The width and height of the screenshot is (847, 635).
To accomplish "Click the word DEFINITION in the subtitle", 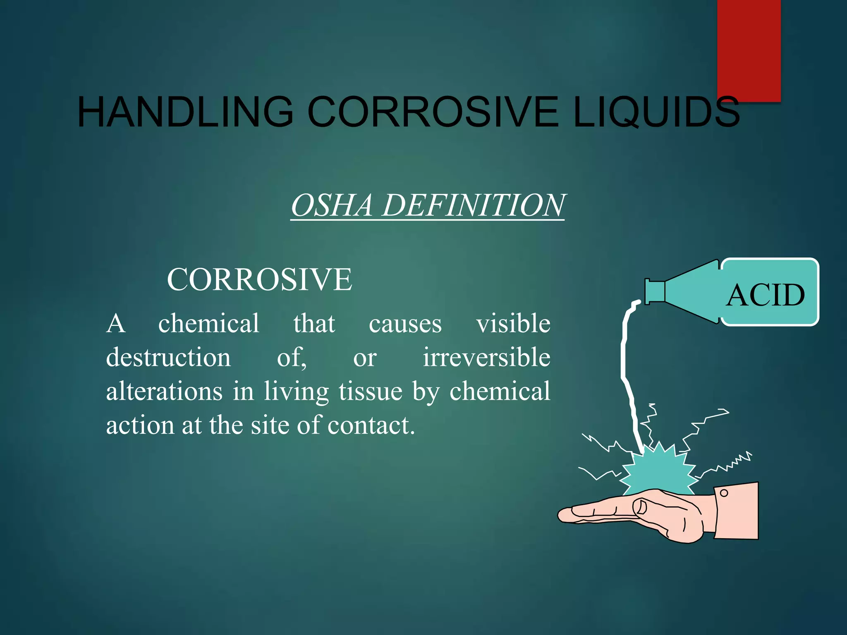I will [x=473, y=205].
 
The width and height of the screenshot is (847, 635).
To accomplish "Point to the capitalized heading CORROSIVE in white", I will [x=259, y=279].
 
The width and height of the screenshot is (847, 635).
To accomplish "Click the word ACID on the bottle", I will [x=766, y=295].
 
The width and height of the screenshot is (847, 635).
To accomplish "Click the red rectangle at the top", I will [x=749, y=45].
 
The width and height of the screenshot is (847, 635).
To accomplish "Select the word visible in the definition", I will [x=513, y=323].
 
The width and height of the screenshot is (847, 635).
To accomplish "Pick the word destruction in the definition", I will [x=168, y=357].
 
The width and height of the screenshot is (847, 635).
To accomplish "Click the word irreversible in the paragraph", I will [x=486, y=357].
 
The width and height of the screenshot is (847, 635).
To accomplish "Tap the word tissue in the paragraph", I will [x=371, y=391].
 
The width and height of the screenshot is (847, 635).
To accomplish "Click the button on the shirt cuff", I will [x=724, y=493].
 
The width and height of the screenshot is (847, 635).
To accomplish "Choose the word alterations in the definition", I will [x=164, y=391].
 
